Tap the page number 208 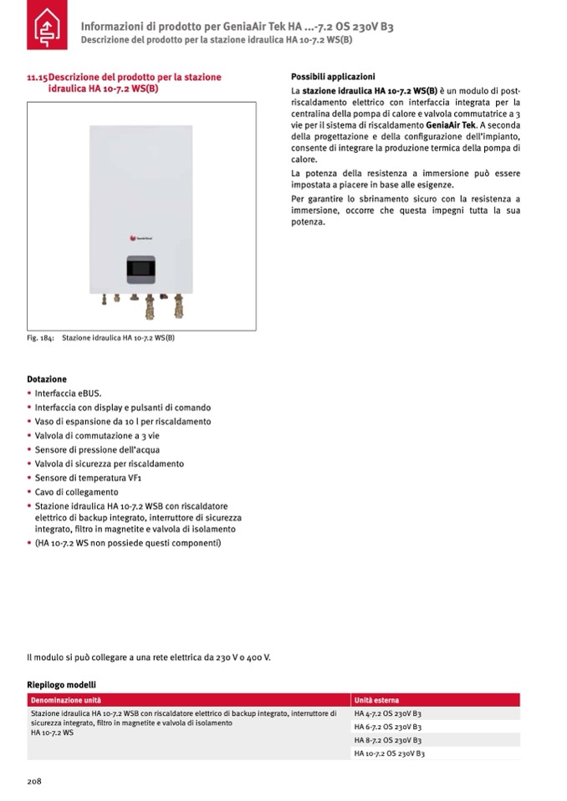(x=34, y=782)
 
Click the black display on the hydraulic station (x=140, y=269)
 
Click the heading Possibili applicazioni (x=333, y=76)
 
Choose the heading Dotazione (x=47, y=379)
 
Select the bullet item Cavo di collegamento (x=78, y=492)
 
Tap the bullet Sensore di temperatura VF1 (x=87, y=478)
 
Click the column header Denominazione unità (x=66, y=700)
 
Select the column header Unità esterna (x=376, y=700)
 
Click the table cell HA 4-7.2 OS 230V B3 (x=387, y=714)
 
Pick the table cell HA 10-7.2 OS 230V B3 (x=390, y=753)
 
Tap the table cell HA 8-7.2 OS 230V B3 (x=387, y=740)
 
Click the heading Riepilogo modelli (x=61, y=684)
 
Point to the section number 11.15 (x=38, y=77)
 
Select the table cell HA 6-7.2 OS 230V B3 (x=387, y=727)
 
